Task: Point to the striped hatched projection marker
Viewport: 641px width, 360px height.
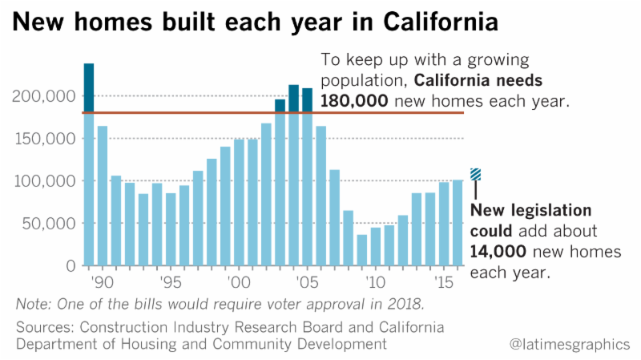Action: click(x=475, y=174)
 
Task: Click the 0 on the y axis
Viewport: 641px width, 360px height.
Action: click(x=71, y=265)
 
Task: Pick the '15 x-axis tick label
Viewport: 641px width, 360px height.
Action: click(x=440, y=283)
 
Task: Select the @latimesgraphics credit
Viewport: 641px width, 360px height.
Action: click(x=570, y=344)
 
